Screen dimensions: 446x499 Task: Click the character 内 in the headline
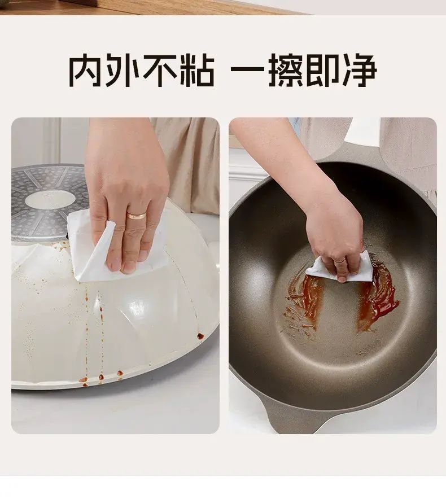[86, 70]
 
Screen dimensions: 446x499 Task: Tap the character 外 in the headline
[123, 70]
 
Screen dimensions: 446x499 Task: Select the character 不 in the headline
[160, 70]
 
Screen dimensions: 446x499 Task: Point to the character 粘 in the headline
[196, 70]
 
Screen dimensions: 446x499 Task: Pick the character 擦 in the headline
[286, 70]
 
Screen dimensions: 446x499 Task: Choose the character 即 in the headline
[322, 70]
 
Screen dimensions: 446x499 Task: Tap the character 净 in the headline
[359, 70]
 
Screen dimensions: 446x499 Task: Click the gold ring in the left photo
[136, 216]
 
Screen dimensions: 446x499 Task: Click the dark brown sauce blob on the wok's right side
[200, 335]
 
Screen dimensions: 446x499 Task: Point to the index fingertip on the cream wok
[128, 268]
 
